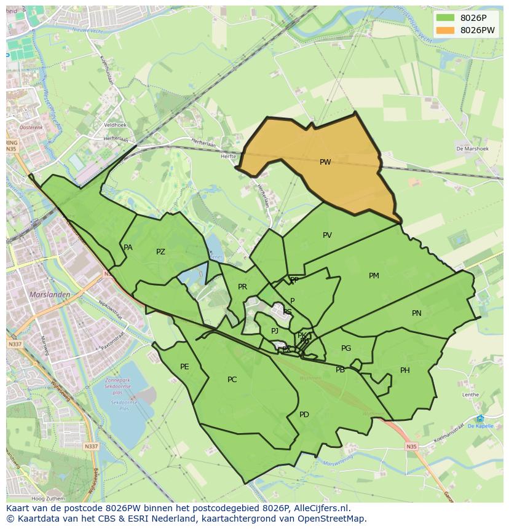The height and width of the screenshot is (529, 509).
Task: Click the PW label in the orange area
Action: [x=325, y=162]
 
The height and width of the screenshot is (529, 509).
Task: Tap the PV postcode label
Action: [x=327, y=235]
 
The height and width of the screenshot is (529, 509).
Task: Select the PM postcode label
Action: [x=374, y=276]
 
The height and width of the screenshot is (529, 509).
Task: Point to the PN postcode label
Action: [x=416, y=313]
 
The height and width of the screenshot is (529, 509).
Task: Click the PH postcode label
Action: [x=404, y=370]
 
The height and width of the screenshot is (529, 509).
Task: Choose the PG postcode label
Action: [x=346, y=348]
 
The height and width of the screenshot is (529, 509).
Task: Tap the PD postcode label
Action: [x=304, y=415]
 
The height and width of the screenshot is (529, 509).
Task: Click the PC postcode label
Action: [x=232, y=380]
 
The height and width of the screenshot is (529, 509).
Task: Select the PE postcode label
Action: [x=184, y=367]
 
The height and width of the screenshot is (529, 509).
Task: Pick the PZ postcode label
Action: [x=160, y=252]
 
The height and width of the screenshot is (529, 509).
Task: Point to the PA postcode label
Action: [x=128, y=248]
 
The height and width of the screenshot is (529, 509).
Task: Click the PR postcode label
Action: [x=242, y=287]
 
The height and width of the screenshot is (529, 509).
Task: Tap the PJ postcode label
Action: [x=275, y=331]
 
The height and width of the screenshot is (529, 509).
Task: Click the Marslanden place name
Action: [x=50, y=294]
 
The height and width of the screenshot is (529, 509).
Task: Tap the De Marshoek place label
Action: [x=472, y=149]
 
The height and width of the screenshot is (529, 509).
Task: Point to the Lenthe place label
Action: [x=470, y=394]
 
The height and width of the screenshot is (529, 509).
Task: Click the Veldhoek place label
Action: [x=115, y=125]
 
